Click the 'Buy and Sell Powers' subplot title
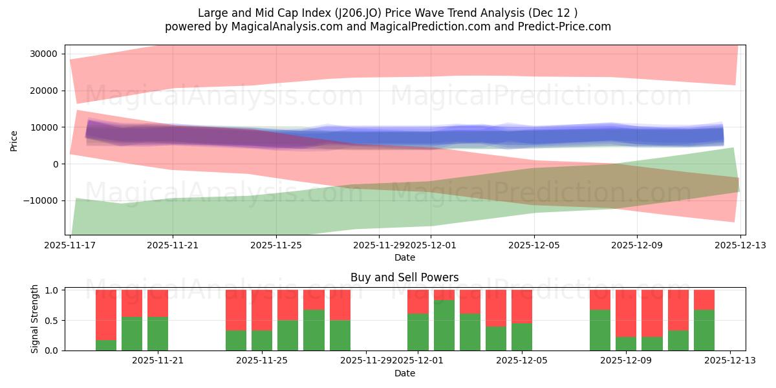point(404,277)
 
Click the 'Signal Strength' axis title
point(35,319)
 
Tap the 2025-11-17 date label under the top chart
point(69,246)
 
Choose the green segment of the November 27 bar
point(314,330)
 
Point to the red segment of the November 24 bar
point(236,310)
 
